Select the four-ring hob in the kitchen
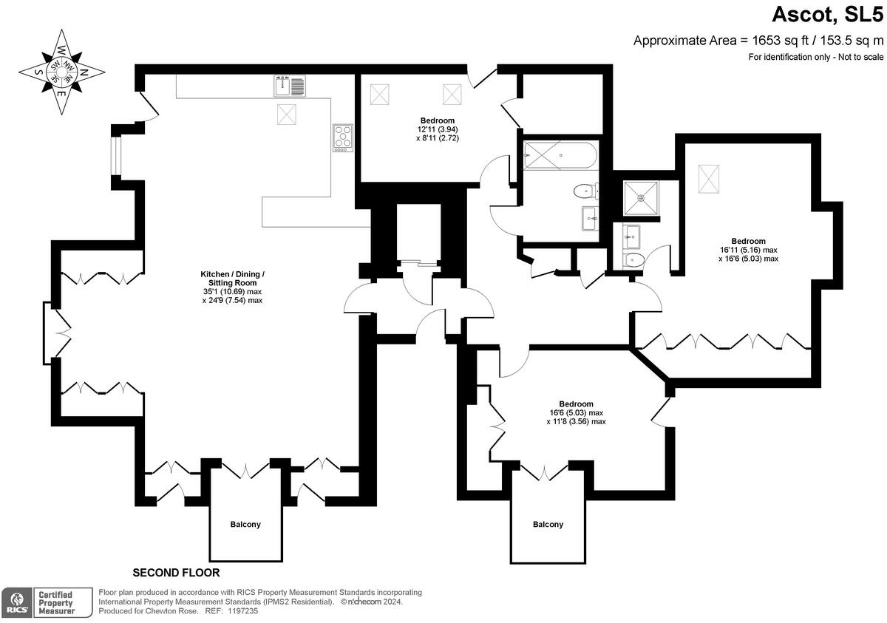click(x=342, y=137)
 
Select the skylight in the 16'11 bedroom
click(x=708, y=178)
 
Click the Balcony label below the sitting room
click(x=245, y=524)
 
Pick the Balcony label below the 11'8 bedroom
click(x=548, y=524)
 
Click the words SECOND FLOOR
click(x=176, y=573)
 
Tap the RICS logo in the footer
click(x=16, y=602)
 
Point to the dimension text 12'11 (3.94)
click(x=438, y=129)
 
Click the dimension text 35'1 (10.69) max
click(x=232, y=291)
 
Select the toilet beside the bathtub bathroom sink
click(x=585, y=192)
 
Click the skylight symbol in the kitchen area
click(x=288, y=115)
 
